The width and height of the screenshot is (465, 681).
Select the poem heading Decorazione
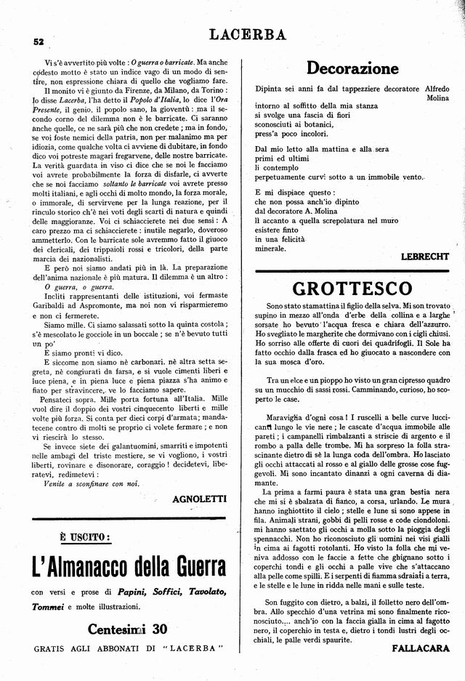point(352,68)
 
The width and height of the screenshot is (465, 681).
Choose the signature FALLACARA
point(422,647)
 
